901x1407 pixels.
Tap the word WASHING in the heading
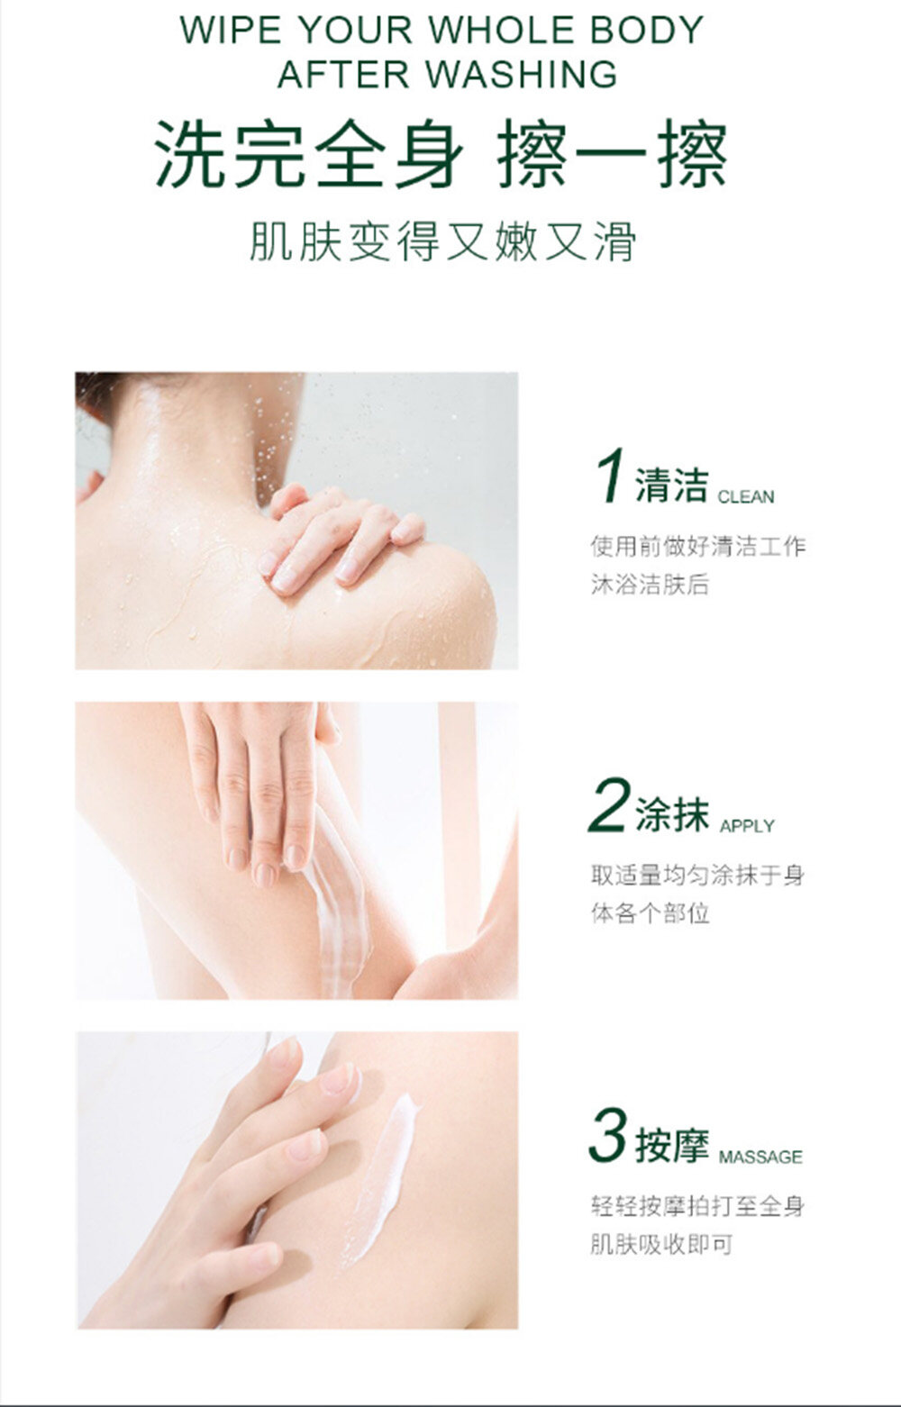[x=523, y=74]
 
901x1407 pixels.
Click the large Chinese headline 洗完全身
[x=309, y=154]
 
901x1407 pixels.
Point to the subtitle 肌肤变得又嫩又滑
[x=443, y=241]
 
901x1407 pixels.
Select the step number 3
[x=608, y=1136]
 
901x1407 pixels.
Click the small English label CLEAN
[x=746, y=497]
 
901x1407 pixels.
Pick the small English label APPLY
[x=747, y=826]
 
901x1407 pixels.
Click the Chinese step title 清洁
[x=671, y=485]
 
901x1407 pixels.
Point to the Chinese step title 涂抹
[x=672, y=814]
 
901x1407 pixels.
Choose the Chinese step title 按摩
[x=672, y=1145]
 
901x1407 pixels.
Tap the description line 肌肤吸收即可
[x=661, y=1243]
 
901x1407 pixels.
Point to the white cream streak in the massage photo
[x=381, y=1167]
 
